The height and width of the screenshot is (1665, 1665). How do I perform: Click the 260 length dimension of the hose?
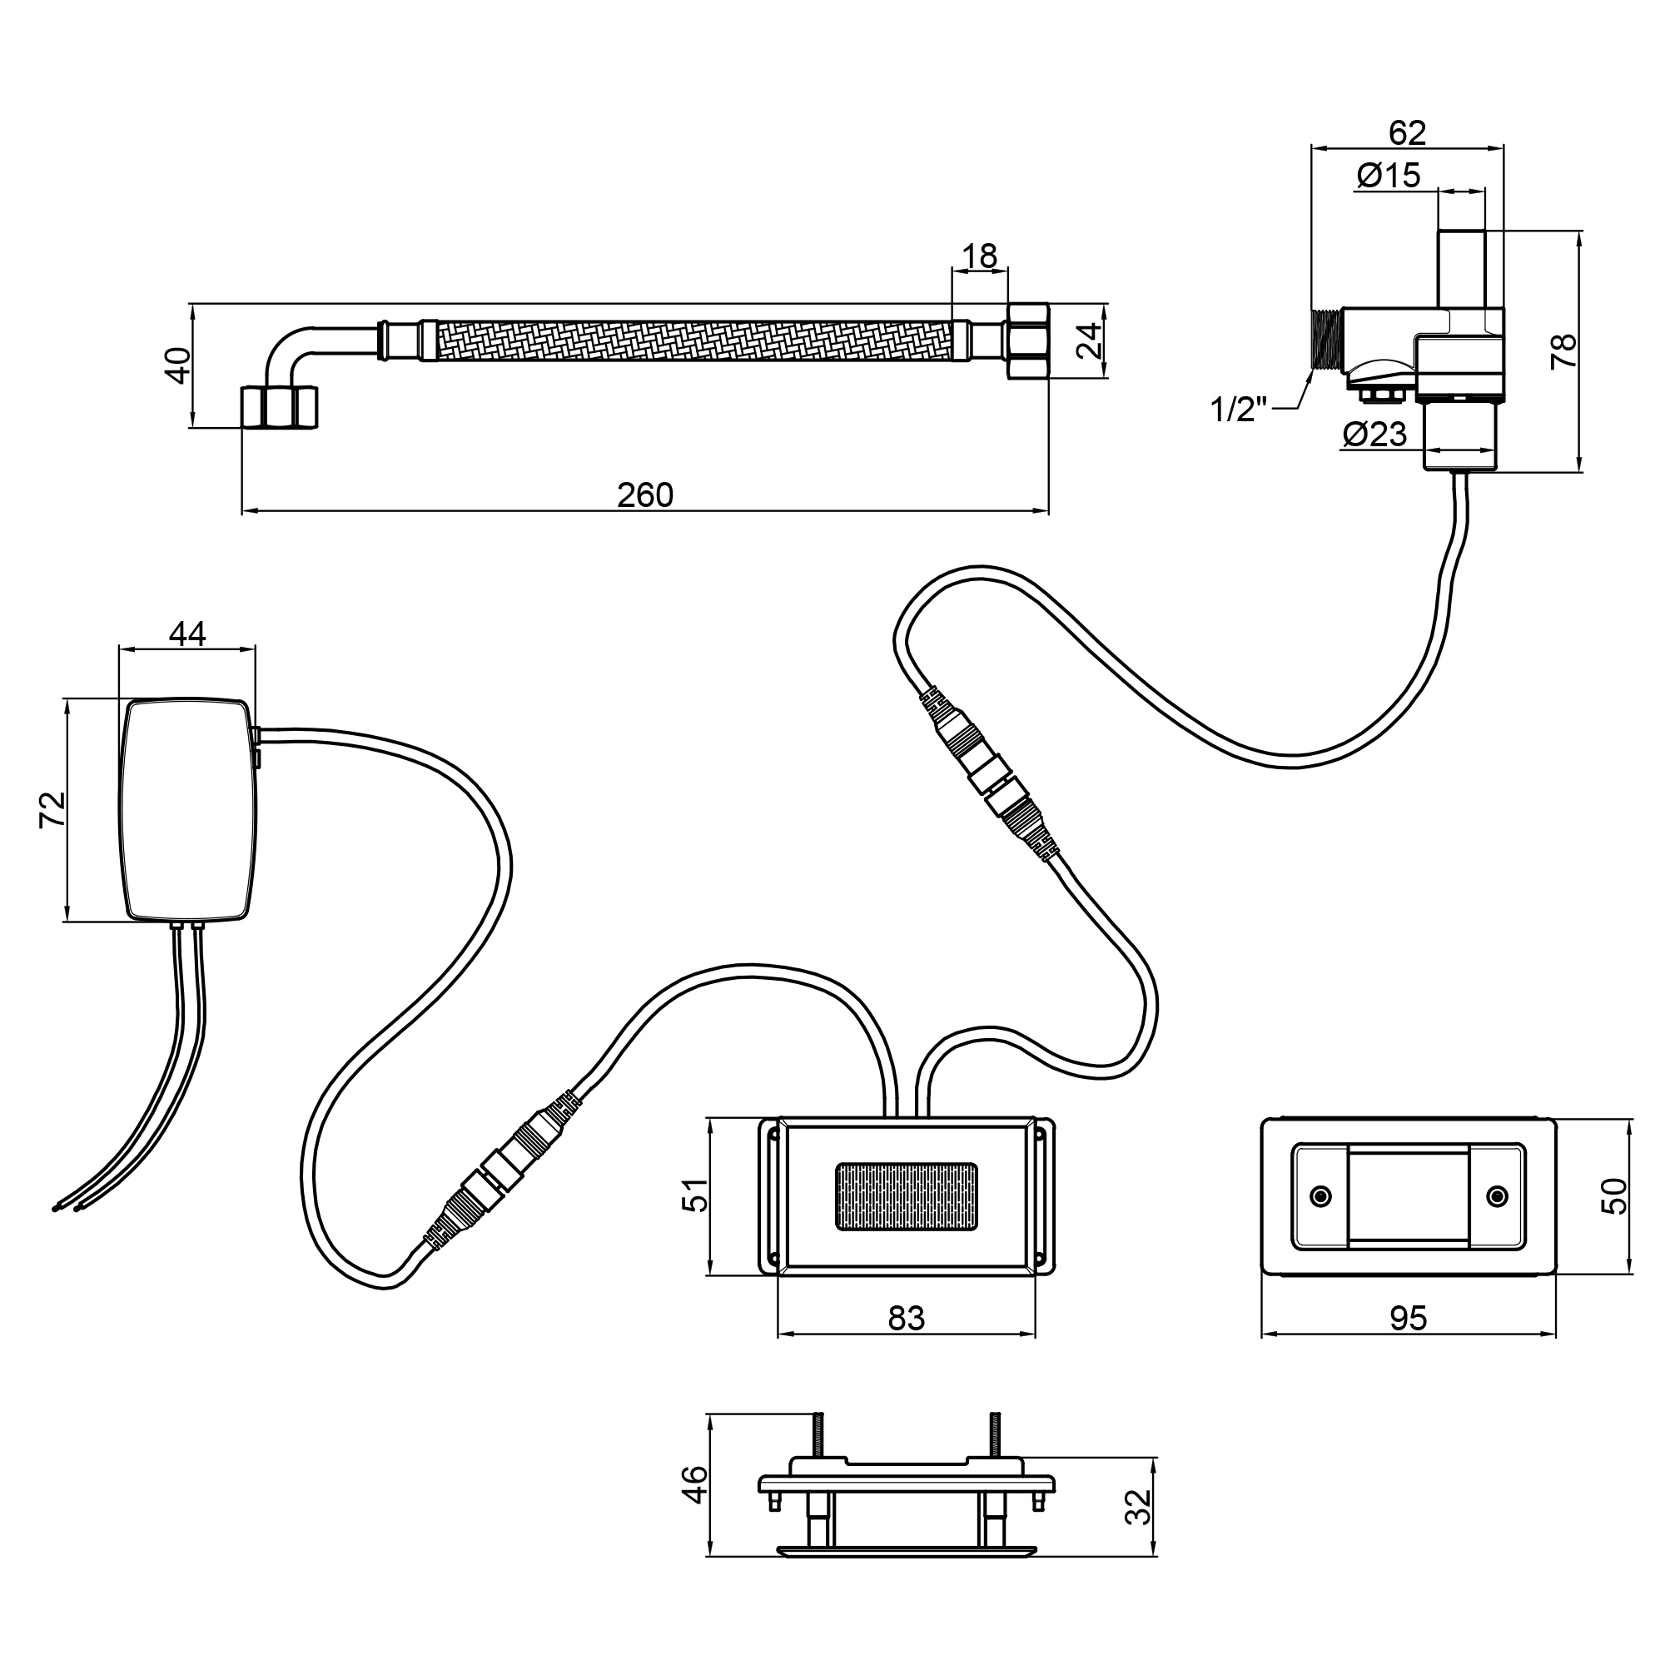click(x=644, y=495)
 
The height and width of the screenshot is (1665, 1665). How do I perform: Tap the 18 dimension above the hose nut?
click(x=979, y=256)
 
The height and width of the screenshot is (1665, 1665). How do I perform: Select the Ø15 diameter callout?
click(x=1389, y=176)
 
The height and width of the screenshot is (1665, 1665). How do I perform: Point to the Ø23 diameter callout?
click(x=1374, y=434)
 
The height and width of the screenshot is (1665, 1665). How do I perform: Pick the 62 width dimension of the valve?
click(x=1407, y=132)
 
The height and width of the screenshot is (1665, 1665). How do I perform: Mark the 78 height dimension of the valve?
click(x=1563, y=350)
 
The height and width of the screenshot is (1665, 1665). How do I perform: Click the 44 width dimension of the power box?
click(x=187, y=634)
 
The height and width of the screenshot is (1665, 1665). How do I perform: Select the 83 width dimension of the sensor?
click(x=906, y=1318)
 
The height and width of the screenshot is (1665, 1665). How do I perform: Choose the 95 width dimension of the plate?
click(x=1409, y=1318)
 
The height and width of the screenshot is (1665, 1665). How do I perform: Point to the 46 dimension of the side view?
click(x=694, y=1484)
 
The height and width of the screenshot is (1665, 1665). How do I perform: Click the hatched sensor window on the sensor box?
click(x=907, y=1196)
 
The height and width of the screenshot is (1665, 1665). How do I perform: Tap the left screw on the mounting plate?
click(x=1320, y=1196)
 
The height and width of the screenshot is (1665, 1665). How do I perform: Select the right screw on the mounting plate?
click(x=1498, y=1196)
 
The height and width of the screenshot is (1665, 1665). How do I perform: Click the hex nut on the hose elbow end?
click(x=278, y=407)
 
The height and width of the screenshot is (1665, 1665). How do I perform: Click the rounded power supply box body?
click(x=187, y=810)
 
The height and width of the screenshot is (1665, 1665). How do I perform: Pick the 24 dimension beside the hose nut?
click(x=1089, y=340)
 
